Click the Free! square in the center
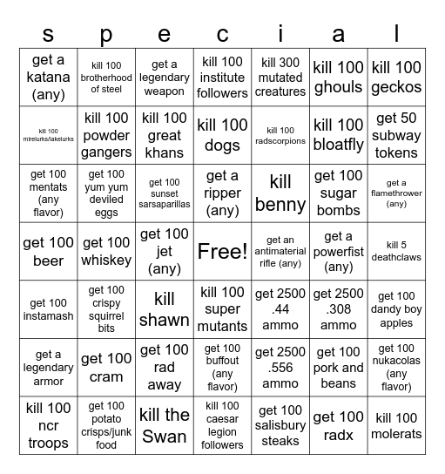(222, 252)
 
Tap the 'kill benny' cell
(280, 193)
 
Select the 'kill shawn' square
(164, 309)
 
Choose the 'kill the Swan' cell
(164, 425)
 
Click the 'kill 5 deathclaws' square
(396, 252)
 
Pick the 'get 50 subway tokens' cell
(396, 135)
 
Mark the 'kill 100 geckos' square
(396, 77)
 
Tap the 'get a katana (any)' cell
(48, 77)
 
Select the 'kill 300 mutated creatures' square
(280, 77)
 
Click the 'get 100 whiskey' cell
(106, 252)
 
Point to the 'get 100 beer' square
(48, 252)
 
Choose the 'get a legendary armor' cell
(48, 368)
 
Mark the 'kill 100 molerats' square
(396, 425)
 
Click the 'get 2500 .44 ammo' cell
(280, 309)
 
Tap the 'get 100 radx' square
(338, 425)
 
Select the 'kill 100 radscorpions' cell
(280, 135)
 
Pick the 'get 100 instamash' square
(48, 309)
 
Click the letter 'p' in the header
(106, 33)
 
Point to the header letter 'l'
(396, 33)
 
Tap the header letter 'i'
(280, 33)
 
